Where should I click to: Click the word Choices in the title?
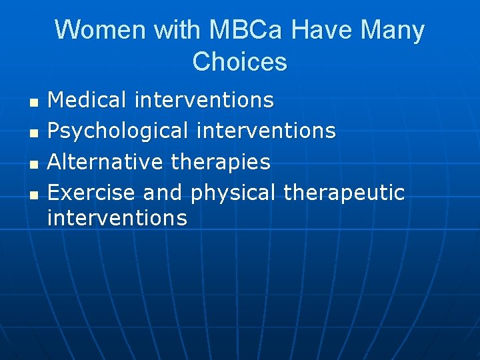239,61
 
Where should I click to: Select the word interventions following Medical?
204,100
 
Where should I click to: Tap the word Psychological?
118,131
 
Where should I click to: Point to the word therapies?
221,161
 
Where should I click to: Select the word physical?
233,193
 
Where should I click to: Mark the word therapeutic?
344,193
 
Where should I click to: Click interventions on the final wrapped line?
117,217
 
